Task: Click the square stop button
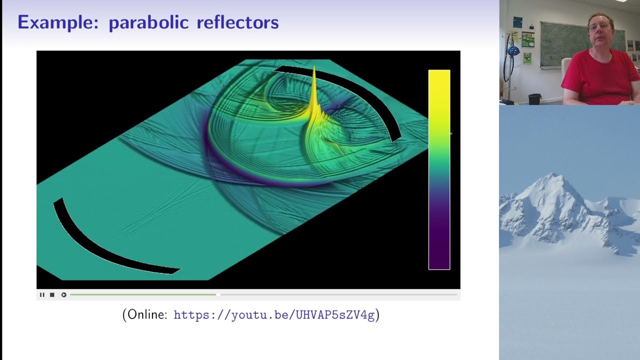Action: click(x=52, y=295)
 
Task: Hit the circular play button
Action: click(x=63, y=295)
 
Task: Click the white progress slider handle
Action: click(x=218, y=295)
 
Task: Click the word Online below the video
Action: click(x=147, y=315)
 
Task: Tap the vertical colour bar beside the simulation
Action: click(x=439, y=170)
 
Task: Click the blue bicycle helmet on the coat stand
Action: click(x=513, y=50)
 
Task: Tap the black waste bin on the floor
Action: click(x=534, y=99)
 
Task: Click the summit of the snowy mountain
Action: click(x=554, y=174)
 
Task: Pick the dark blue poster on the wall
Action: click(x=517, y=22)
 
